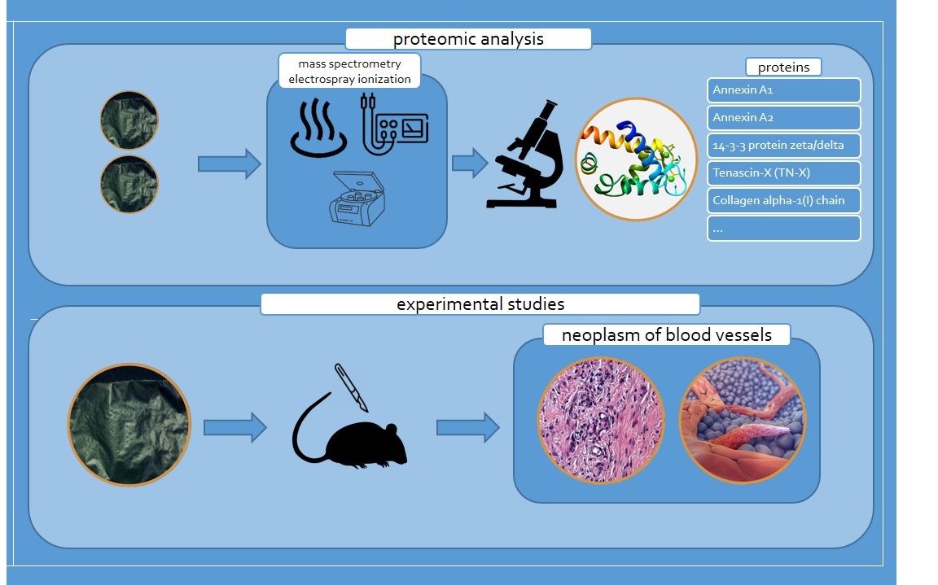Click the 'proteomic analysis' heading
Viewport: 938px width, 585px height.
click(468, 39)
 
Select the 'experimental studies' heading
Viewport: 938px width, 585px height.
click(480, 304)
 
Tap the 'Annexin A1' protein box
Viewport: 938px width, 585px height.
click(784, 89)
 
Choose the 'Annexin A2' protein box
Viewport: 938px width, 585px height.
click(784, 117)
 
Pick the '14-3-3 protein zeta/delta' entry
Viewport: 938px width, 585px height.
click(784, 146)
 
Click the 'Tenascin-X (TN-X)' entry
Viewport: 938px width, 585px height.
click(784, 173)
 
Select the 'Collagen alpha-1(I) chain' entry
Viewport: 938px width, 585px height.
click(784, 201)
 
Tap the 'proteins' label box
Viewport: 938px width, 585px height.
click(783, 67)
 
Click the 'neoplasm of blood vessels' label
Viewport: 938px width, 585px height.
click(667, 334)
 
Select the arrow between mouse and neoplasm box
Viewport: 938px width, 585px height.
click(467, 427)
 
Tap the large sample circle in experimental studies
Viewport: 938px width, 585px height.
click(129, 425)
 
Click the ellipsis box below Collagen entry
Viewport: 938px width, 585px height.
click(784, 229)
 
